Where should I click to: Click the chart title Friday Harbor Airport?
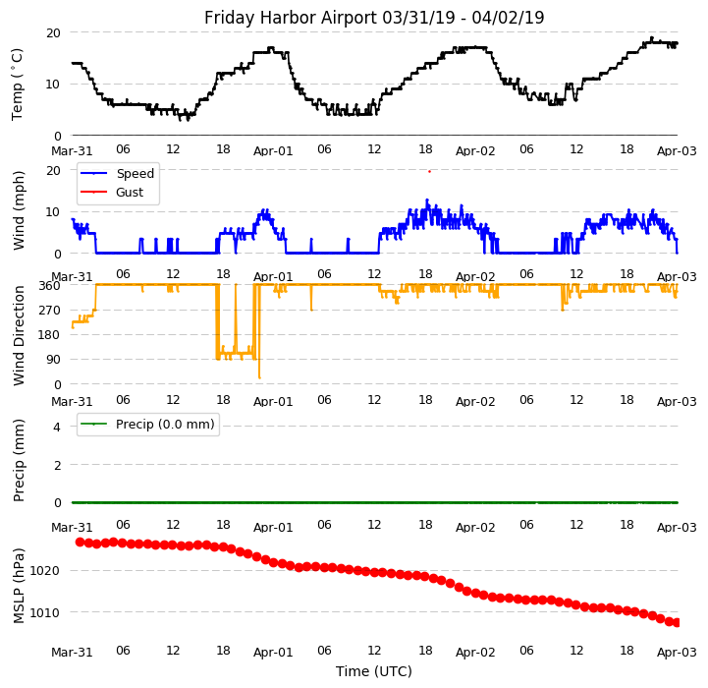coord(374,18)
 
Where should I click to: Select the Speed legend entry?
coord(135,174)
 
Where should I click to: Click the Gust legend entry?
coord(130,193)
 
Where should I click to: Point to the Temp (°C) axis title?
coord(19,84)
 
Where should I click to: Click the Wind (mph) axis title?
coord(19,209)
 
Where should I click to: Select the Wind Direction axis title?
coord(19,335)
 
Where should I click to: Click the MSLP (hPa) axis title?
coord(19,586)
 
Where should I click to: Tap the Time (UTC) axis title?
coord(374,671)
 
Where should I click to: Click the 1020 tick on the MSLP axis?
coord(46,571)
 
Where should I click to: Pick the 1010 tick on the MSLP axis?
coord(46,613)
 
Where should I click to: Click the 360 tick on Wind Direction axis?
coord(49,285)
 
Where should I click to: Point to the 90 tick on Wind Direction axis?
coord(53,360)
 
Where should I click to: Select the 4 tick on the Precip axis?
coord(57,427)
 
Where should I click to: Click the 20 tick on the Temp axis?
coord(53,32)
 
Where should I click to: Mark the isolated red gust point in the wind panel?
coord(429,171)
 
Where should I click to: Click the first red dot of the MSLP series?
coord(81,542)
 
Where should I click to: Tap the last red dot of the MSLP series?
coord(677,622)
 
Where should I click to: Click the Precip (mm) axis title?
coord(19,460)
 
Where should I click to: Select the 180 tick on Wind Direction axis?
coord(49,335)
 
